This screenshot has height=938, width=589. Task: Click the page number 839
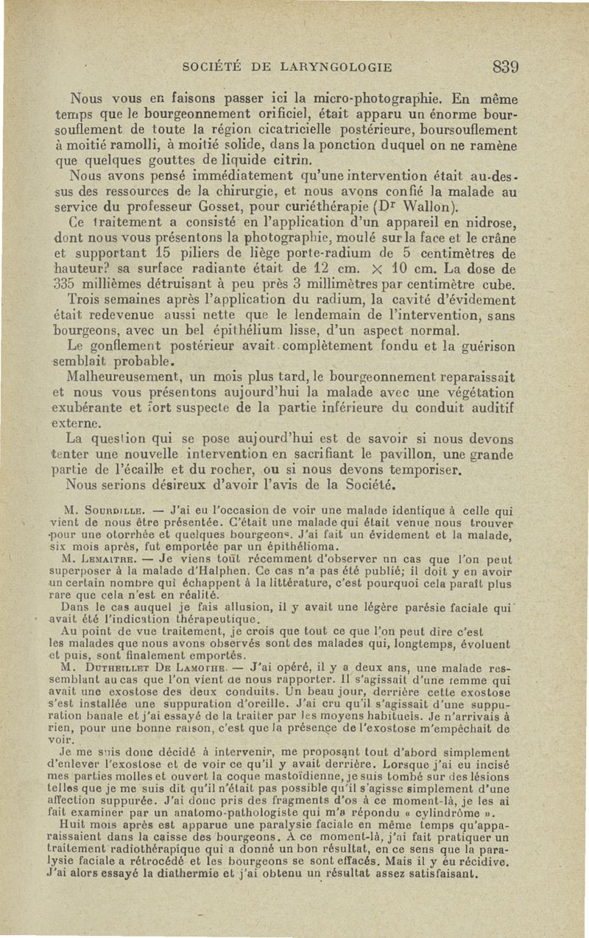pyautogui.click(x=507, y=66)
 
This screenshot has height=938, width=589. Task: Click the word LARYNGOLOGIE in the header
pyautogui.click(x=334, y=67)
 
